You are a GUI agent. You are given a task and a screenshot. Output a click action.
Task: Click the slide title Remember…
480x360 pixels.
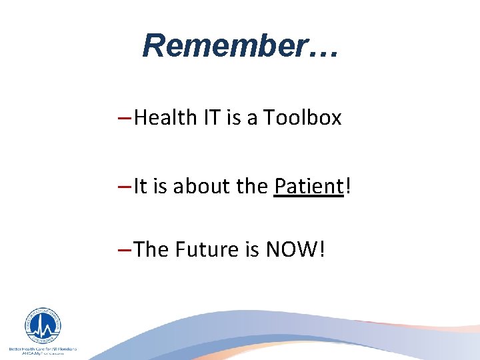[240, 45]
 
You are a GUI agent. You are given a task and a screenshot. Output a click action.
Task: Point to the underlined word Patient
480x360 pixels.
[307, 186]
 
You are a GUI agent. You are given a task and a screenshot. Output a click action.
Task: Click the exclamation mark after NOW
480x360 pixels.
[322, 249]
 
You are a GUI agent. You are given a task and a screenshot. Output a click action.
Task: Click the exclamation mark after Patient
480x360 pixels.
[345, 186]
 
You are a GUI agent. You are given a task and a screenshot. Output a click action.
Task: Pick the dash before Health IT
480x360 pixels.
[123, 119]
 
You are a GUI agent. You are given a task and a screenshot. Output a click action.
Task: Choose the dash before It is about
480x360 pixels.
[123, 187]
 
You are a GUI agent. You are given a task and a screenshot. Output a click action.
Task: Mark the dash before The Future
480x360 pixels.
[123, 250]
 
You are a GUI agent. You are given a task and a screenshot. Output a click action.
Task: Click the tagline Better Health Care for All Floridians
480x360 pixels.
[42, 349]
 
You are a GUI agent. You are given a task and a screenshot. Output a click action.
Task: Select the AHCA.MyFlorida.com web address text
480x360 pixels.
[42, 354]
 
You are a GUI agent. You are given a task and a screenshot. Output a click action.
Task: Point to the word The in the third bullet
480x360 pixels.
[151, 249]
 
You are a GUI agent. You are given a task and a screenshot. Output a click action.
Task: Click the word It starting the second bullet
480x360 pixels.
[140, 186]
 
